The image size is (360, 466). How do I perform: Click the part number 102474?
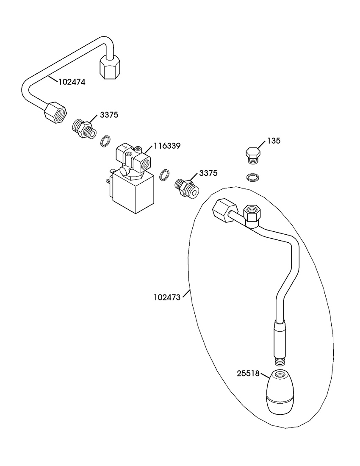click(72, 82)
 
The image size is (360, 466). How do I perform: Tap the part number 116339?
click(167, 146)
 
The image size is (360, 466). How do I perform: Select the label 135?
click(274, 141)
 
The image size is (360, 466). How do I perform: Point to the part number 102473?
click(167, 297)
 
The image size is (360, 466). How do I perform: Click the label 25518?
click(248, 374)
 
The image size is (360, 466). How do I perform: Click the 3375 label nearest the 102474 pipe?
click(109, 115)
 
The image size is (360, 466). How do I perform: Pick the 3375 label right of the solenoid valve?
click(208, 173)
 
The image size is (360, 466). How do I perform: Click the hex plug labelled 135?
click(253, 155)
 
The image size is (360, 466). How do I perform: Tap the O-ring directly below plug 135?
click(252, 178)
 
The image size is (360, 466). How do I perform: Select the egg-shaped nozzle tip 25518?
click(280, 391)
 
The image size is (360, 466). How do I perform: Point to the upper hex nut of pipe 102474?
click(110, 67)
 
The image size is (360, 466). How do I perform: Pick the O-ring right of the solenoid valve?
click(165, 175)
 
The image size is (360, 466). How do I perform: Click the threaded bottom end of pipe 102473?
click(279, 361)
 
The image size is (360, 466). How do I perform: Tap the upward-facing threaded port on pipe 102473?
click(252, 214)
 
